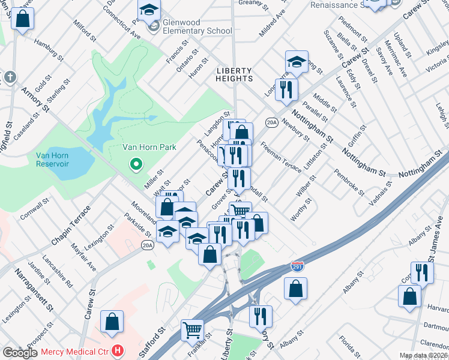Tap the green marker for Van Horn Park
tap(136, 163)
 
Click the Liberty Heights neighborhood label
tap(234, 74)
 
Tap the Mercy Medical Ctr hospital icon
tap(118, 350)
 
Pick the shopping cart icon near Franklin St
tap(192, 329)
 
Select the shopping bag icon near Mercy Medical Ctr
tap(112, 322)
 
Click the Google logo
tap(20, 353)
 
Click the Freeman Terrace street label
tap(281, 158)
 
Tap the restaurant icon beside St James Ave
tap(422, 273)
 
